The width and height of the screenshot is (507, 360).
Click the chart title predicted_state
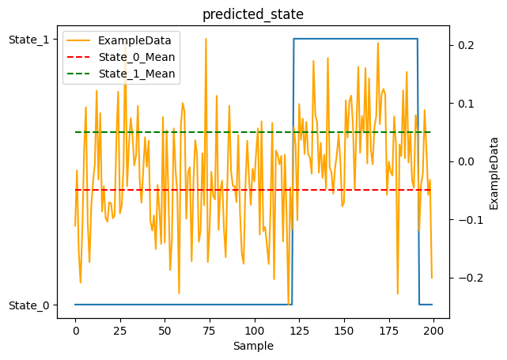pos(253,13)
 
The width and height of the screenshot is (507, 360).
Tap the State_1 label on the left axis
pos(30,39)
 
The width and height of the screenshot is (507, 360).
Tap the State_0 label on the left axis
pos(30,305)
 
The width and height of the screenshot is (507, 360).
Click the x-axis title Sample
pos(253,346)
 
